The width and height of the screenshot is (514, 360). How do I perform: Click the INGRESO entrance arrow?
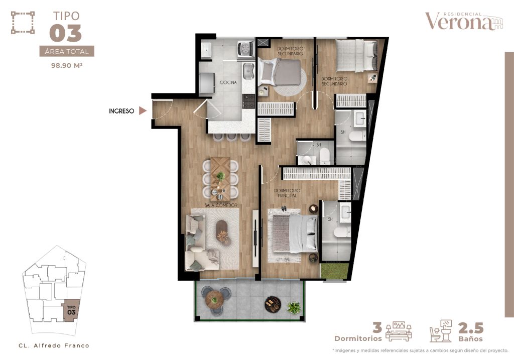pos(142,111)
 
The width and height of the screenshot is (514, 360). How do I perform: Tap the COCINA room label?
pos(228,82)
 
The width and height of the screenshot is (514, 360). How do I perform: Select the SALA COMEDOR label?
pos(221,205)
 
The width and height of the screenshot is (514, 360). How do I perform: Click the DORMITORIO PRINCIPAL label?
pos(287,193)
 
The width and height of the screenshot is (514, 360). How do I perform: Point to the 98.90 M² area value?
pos(67,65)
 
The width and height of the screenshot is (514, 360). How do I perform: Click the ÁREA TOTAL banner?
pos(67,51)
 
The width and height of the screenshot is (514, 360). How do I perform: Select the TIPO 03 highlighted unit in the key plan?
pos(71,310)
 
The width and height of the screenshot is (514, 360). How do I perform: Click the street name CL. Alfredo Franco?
pos(54,345)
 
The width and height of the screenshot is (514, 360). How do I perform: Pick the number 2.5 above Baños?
pos(471,328)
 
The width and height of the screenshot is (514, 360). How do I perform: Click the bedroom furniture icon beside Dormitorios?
pos(399,331)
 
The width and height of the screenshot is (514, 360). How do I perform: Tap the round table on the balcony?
pos(214,298)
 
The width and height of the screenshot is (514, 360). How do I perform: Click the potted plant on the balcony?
pos(293,308)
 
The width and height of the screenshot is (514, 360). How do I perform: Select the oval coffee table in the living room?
pos(222,231)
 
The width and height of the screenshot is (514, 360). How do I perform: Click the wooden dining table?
pos(220,179)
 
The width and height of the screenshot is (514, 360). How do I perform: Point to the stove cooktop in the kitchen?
pos(248,101)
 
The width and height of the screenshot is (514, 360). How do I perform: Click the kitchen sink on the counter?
pos(248,70)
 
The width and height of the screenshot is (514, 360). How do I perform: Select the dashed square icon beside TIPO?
pos(23,23)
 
